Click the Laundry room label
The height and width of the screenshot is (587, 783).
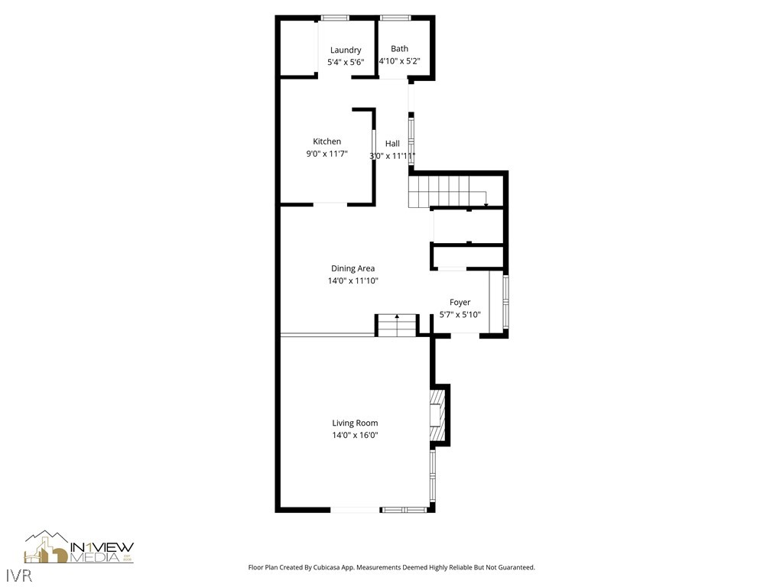click(346, 50)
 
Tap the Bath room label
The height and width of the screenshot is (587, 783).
click(399, 49)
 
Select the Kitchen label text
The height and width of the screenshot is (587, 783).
click(327, 141)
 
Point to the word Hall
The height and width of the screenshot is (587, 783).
click(392, 144)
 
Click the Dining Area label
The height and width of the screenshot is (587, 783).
click(353, 268)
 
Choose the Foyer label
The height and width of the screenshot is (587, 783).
click(460, 303)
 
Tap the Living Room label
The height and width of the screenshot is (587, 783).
click(355, 423)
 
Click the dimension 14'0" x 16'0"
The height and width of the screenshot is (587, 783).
click(355, 435)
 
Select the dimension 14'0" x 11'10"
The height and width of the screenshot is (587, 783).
click(353, 281)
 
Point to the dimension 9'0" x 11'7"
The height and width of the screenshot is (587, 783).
click(327, 154)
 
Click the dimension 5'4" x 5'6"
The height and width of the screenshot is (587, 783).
click(346, 62)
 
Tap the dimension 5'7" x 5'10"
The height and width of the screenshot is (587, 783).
click(460, 314)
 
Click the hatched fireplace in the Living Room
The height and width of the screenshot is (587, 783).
click(437, 417)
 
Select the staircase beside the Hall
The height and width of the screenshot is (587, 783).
click(447, 190)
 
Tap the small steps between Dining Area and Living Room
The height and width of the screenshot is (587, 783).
click(397, 325)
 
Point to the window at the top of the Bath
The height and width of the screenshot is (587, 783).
click(395, 18)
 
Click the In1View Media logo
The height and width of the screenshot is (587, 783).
click(79, 547)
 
